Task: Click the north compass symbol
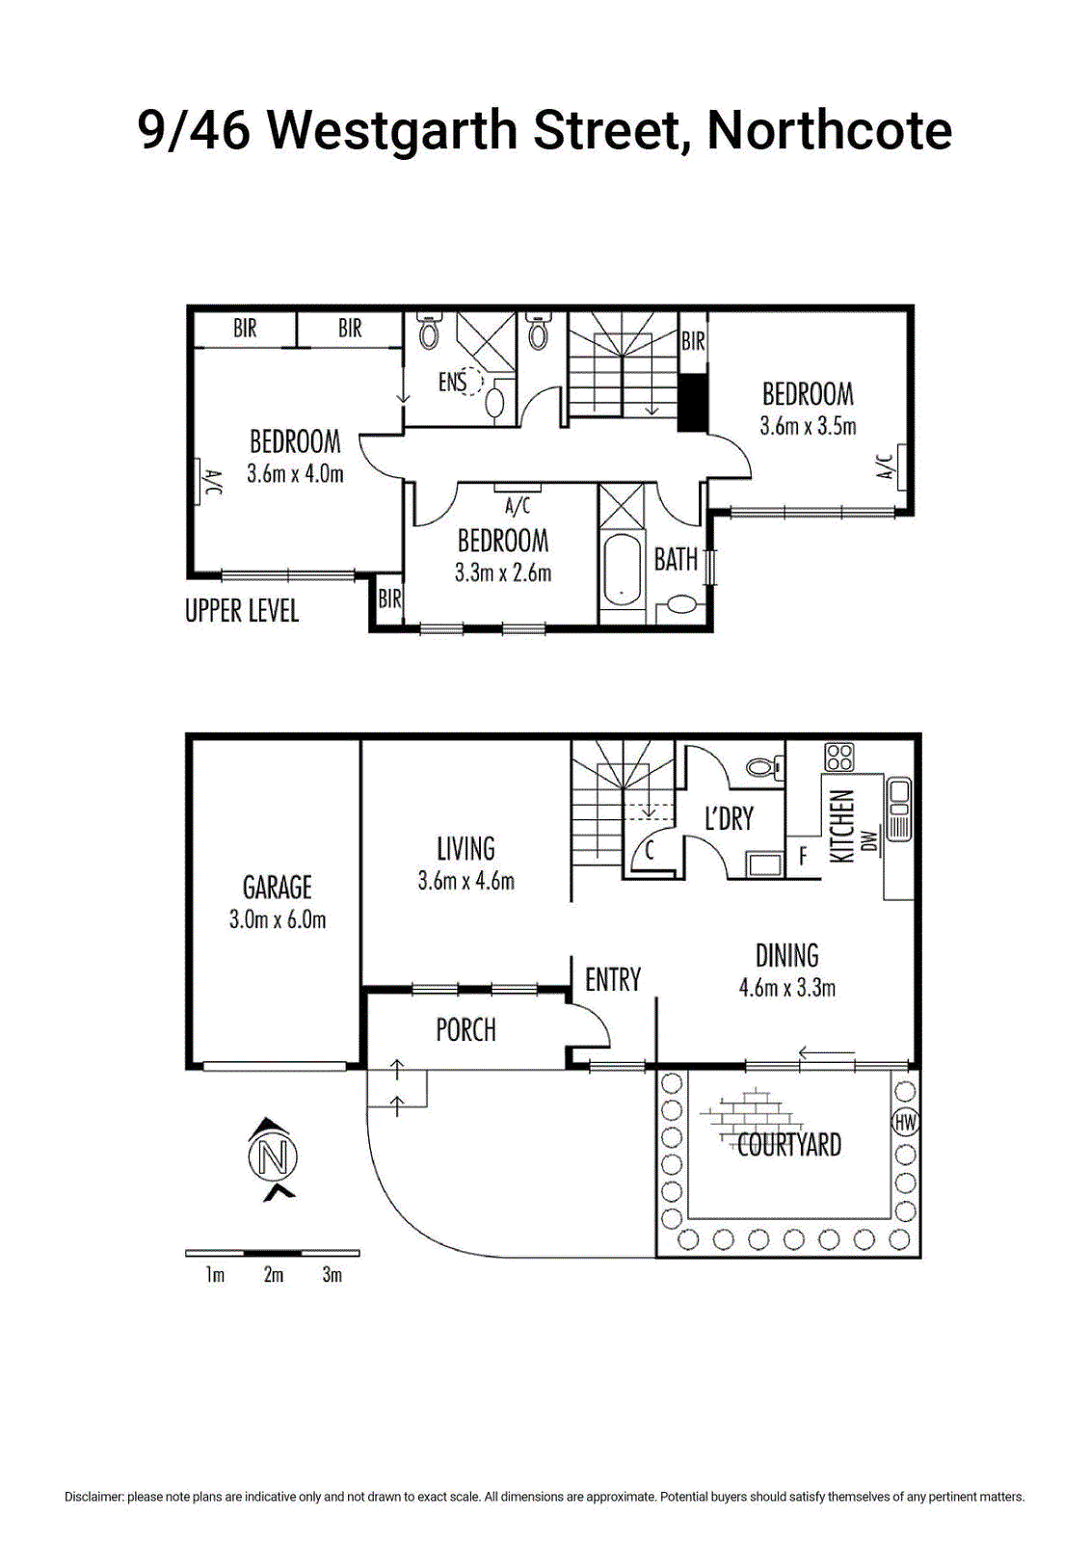[x=274, y=1159]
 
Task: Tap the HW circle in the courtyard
[x=905, y=1123]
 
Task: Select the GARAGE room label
[x=277, y=887]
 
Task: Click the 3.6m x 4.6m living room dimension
[x=466, y=881]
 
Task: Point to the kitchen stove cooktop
[x=839, y=758]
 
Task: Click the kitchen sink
[x=898, y=809]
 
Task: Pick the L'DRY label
[x=729, y=817]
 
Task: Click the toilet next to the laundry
[x=765, y=765]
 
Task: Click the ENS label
[x=452, y=382]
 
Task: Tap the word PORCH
[x=466, y=1030]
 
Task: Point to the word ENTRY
[x=613, y=979]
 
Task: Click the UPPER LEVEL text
[x=242, y=611]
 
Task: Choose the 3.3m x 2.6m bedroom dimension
[x=503, y=572]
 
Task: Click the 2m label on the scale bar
[x=274, y=1275]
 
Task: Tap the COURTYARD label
[x=789, y=1145]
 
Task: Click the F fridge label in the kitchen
[x=802, y=857]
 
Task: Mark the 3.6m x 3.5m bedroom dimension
[x=808, y=426]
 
